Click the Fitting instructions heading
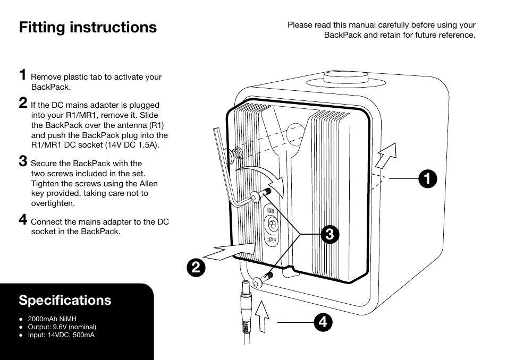coord(88,27)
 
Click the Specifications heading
coord(65,300)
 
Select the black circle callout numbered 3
coord(329,234)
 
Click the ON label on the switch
coord(270,211)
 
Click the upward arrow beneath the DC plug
coord(262,317)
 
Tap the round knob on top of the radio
coord(346,78)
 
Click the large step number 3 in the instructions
coord(23,160)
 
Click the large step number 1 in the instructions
coord(23,74)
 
